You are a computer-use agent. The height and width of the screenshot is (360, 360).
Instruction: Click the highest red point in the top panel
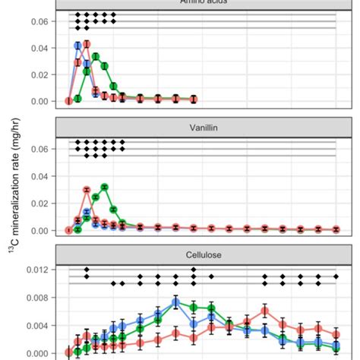(x=87, y=44)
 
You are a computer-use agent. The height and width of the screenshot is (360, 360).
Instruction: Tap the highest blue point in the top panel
(x=77, y=46)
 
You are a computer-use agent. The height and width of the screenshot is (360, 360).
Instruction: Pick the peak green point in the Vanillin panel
(x=105, y=187)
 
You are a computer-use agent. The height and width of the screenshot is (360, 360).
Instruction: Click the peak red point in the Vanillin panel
(x=87, y=190)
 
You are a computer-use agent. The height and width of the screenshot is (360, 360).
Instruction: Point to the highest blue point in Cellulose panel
(x=175, y=302)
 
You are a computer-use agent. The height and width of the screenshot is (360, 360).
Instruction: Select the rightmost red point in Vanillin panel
(x=336, y=229)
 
